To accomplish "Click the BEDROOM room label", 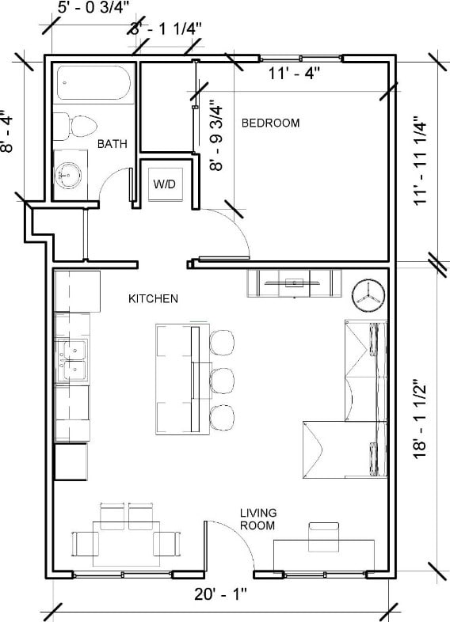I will (x=270, y=123).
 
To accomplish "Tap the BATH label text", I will (x=112, y=144).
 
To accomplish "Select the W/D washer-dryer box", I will (x=165, y=184).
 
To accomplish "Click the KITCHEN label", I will (x=153, y=298).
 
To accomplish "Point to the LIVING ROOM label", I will (x=257, y=519).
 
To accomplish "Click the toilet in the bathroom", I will (x=75, y=125).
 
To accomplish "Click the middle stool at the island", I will (x=223, y=380).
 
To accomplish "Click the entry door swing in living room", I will (x=226, y=542).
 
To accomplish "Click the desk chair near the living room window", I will (x=323, y=537).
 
